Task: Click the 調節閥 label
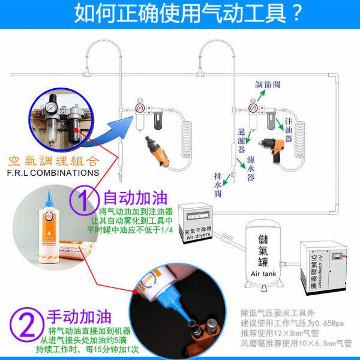(268, 85)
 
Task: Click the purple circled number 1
(85, 198)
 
